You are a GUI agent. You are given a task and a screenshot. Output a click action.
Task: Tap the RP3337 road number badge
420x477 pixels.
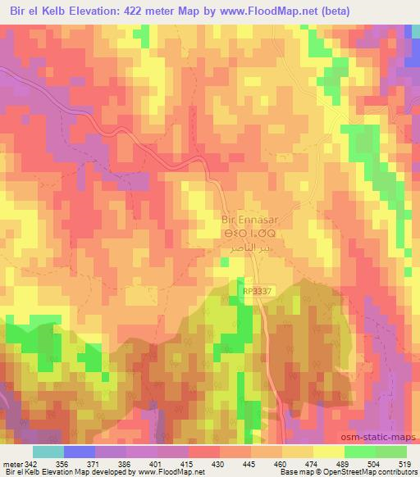click(x=255, y=290)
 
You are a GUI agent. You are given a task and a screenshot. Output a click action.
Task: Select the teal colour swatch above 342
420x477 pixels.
click(x=48, y=452)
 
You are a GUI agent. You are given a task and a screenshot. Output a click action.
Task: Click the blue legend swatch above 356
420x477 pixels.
click(x=80, y=452)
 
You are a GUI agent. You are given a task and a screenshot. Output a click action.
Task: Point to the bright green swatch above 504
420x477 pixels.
click(x=360, y=452)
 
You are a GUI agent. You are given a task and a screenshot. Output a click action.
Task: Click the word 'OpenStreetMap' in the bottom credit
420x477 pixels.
click(x=330, y=473)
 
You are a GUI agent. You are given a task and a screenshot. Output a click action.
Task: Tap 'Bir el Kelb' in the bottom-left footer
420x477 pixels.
click(x=21, y=473)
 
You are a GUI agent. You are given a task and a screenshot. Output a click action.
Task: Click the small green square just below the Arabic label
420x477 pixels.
click(x=224, y=262)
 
